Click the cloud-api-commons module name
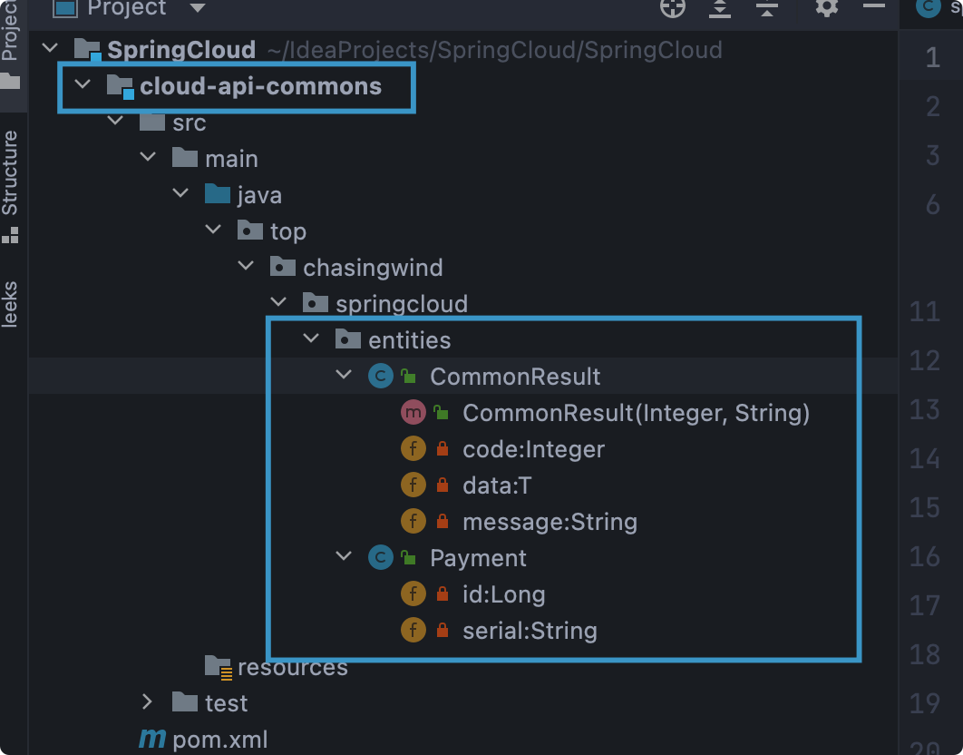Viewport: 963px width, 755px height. click(x=260, y=86)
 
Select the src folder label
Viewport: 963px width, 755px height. click(x=189, y=123)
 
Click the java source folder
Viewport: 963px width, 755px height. click(x=258, y=195)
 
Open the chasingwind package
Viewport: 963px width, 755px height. click(x=373, y=268)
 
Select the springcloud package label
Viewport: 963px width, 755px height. click(x=401, y=304)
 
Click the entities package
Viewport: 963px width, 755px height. click(x=409, y=340)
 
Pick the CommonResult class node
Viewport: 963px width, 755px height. click(x=514, y=377)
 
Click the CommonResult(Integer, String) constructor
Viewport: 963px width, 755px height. click(x=635, y=413)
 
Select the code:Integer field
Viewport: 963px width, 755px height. click(x=533, y=449)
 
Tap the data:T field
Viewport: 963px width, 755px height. click(x=497, y=485)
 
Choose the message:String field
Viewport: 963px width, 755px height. click(x=550, y=522)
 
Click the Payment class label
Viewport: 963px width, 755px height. click(x=478, y=558)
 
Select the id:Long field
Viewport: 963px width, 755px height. click(x=503, y=594)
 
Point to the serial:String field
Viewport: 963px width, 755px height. click(x=530, y=631)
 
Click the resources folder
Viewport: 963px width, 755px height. click(x=292, y=668)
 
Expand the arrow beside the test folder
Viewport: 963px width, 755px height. click(x=148, y=702)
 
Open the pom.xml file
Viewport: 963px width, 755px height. click(x=219, y=740)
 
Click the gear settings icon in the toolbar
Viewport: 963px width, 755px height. click(x=826, y=8)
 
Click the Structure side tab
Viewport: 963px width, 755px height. click(x=10, y=172)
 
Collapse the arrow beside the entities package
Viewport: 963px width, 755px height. click(x=311, y=339)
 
